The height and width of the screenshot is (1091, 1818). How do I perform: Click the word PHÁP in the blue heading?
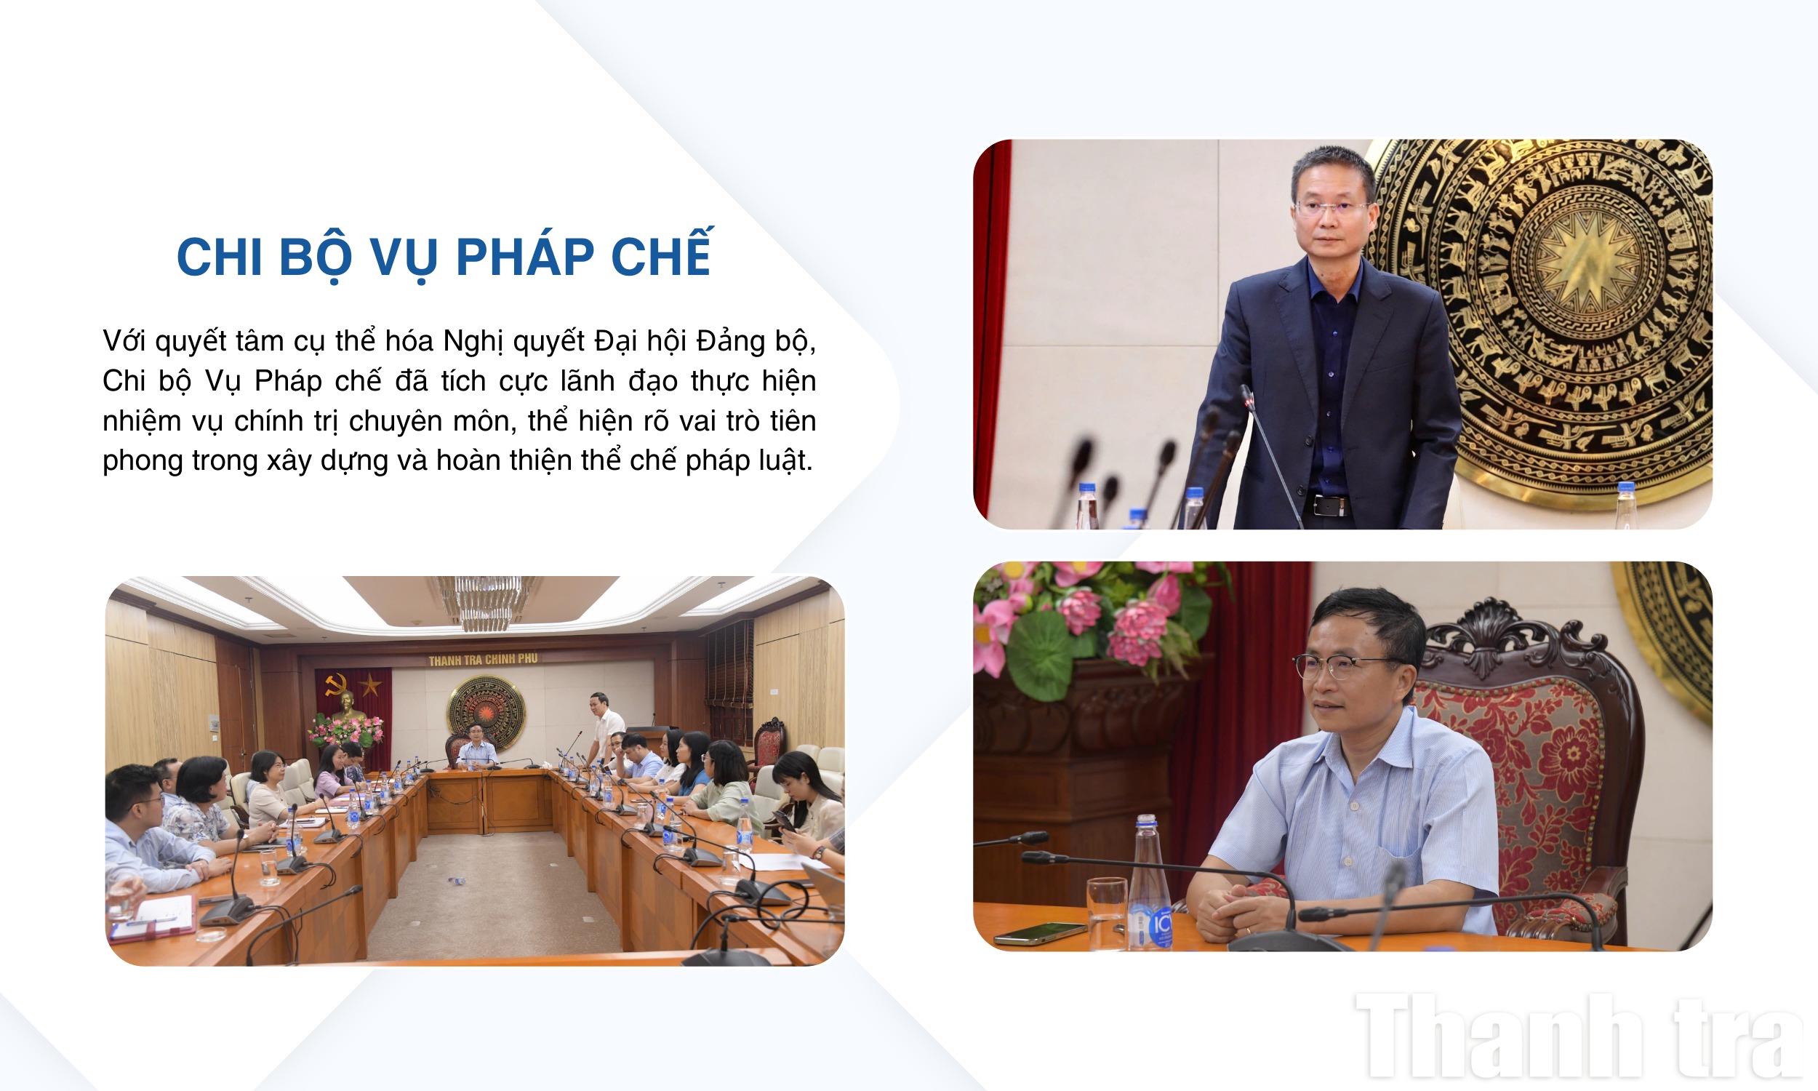click(525, 257)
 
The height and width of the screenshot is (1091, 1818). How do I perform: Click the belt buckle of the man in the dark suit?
click(1331, 505)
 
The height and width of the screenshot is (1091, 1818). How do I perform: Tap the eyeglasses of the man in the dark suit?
click(1332, 207)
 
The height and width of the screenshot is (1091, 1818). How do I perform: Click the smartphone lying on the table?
click(1039, 932)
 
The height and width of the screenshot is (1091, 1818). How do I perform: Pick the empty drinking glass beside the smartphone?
click(1107, 912)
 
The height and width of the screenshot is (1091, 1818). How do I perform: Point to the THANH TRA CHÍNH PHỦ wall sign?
click(483, 660)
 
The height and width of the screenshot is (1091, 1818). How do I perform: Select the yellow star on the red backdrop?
click(369, 685)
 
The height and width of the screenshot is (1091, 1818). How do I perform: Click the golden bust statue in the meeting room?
click(348, 705)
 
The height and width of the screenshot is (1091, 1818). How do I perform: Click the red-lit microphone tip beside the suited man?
click(1247, 398)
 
